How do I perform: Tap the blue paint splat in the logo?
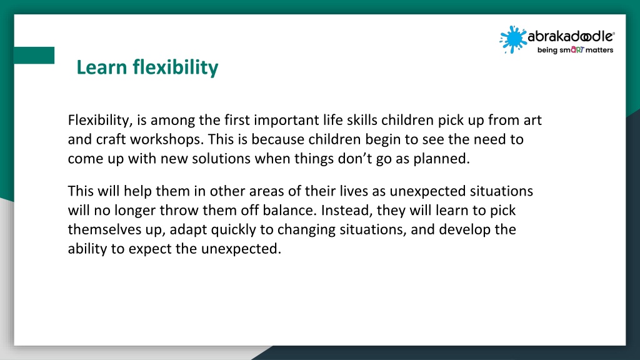(x=512, y=39)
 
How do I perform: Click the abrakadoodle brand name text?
(x=571, y=36)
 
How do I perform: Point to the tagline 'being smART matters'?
(x=575, y=50)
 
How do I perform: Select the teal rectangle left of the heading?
(x=34, y=55)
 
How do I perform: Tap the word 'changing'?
(x=305, y=230)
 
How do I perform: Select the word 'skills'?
(x=362, y=121)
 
